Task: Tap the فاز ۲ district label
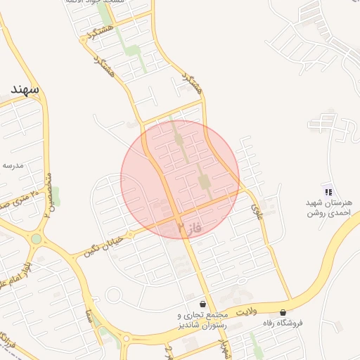pos(191,227)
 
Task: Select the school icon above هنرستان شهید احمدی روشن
pos(327,191)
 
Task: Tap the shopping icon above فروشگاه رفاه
pos(283,312)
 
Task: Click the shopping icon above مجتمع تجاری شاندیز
pos(203,304)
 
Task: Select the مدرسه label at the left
pos(13,165)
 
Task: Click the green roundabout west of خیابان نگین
pos(36,239)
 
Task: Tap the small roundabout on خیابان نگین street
pos(129,233)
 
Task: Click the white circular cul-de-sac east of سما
pos(113,294)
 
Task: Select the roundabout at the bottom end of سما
pos(127,339)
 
